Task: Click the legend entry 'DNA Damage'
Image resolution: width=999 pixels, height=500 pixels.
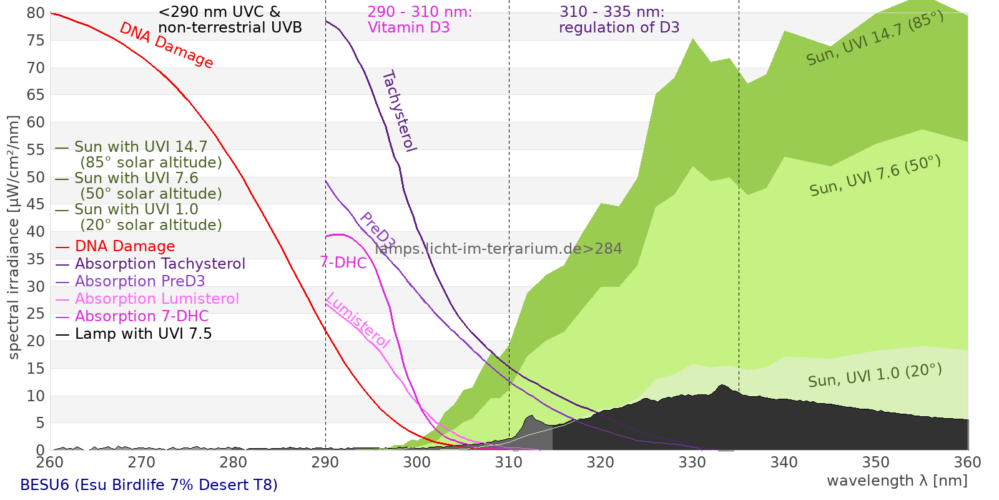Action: click(x=125, y=246)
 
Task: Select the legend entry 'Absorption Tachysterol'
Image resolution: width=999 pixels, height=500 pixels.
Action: click(x=160, y=264)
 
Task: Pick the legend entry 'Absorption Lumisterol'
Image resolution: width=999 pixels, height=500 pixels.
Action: click(x=157, y=299)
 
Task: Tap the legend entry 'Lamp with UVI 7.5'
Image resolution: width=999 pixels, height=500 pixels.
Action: click(x=143, y=334)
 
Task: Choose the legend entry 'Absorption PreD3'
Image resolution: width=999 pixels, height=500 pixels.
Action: click(x=140, y=281)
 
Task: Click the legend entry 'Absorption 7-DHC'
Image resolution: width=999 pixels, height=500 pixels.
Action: click(x=142, y=316)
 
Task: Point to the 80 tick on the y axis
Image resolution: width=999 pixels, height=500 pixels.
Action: click(x=36, y=13)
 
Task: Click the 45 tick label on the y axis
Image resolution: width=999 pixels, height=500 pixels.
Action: click(x=36, y=204)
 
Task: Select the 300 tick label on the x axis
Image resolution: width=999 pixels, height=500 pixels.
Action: click(x=417, y=462)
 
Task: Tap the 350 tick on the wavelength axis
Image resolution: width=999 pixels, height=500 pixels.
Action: click(x=876, y=462)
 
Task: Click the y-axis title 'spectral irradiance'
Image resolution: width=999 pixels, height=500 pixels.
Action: click(x=14, y=237)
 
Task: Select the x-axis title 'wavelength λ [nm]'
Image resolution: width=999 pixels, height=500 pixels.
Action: click(x=897, y=481)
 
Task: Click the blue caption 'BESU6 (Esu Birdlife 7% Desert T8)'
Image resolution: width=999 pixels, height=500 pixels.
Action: click(x=149, y=485)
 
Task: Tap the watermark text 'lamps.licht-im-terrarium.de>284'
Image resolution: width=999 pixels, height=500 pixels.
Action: click(x=498, y=249)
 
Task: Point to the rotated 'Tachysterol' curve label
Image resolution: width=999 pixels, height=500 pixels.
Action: click(x=399, y=111)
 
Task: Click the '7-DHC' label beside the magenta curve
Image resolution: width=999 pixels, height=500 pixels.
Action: click(x=343, y=262)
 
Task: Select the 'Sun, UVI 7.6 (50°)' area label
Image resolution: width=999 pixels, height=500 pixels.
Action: click(x=875, y=176)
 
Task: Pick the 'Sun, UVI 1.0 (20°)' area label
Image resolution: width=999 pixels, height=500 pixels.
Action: click(x=874, y=376)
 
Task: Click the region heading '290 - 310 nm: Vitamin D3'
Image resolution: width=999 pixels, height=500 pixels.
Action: click(x=420, y=20)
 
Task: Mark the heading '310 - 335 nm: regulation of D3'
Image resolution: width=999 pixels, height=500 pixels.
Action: click(x=618, y=20)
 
